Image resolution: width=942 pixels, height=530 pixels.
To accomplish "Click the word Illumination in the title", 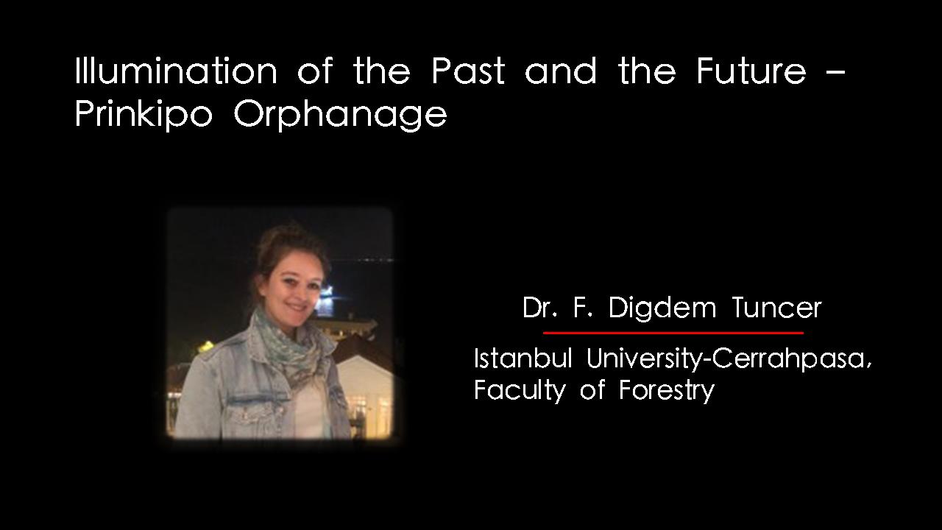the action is [176, 70].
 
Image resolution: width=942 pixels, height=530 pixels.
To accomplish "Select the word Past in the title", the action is [468, 71].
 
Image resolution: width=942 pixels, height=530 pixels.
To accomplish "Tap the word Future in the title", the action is [751, 71].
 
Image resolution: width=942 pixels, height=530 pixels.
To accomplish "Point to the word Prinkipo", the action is [144, 113].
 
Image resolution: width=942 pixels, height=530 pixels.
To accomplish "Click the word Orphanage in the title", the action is [340, 113].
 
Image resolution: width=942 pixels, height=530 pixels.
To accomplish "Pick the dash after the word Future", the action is [835, 72].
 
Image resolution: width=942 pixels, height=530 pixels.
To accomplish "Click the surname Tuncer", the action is [776, 308].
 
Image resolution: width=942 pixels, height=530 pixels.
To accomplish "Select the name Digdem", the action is [662, 308].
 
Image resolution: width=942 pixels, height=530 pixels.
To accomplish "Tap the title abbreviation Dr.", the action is [539, 308].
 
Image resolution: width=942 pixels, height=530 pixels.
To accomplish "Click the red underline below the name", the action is [673, 333].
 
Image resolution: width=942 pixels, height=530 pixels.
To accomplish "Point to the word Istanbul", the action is [523, 358].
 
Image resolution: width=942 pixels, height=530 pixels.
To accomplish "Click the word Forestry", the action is [667, 390].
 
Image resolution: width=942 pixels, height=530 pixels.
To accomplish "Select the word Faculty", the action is [520, 390].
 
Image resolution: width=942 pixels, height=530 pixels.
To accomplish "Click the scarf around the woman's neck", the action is [290, 345].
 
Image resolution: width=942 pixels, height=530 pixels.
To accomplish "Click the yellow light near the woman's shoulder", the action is [206, 346].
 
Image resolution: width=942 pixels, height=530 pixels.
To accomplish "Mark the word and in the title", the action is [561, 71].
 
